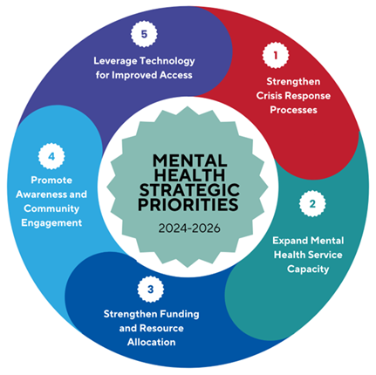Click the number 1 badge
(x=276, y=55)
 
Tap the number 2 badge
(x=312, y=203)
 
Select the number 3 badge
(x=150, y=290)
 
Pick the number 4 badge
(x=51, y=156)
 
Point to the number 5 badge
(x=144, y=34)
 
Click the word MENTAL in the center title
(x=190, y=160)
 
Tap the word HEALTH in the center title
(x=189, y=175)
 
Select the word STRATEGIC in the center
(x=189, y=190)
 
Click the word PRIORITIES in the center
(x=188, y=204)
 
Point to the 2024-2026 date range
(x=189, y=228)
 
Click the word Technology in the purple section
(x=167, y=61)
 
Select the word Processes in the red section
(x=293, y=110)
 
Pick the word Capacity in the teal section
(x=308, y=269)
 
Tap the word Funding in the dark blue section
(x=180, y=315)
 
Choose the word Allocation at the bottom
(x=152, y=342)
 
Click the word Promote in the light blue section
(x=51, y=181)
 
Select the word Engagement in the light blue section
(x=51, y=223)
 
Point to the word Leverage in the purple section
(x=115, y=61)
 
